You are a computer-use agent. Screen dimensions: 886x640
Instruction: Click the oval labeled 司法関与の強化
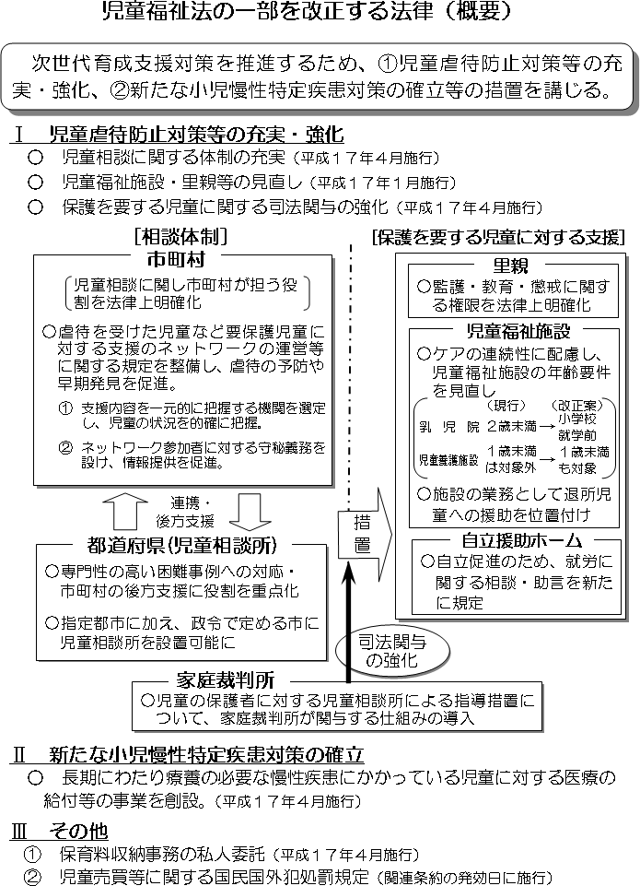tap(377, 652)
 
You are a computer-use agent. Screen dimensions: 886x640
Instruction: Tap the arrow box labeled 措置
tap(364, 535)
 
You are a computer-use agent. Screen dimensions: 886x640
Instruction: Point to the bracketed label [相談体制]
tap(180, 236)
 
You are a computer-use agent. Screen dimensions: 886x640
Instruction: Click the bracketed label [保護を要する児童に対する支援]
tap(497, 236)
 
